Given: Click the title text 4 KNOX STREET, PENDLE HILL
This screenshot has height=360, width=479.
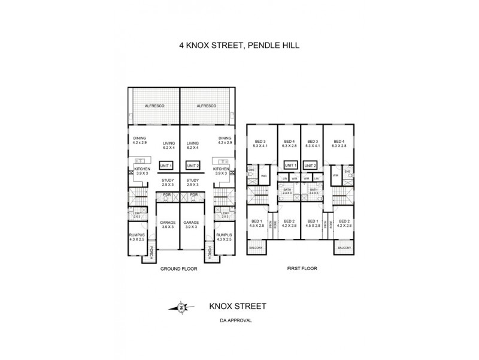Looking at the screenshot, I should point(239,44).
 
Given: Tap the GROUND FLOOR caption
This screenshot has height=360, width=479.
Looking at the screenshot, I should point(178,269).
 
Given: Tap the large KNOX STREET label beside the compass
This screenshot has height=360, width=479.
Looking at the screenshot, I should point(237,306).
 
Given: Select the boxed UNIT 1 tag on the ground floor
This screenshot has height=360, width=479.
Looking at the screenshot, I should point(166,166).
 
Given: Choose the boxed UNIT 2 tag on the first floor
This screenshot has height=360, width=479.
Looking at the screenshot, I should point(310,165).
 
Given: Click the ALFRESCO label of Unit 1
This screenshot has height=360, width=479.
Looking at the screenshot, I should point(154,106).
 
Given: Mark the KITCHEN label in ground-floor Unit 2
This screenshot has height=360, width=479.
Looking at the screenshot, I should point(222,169).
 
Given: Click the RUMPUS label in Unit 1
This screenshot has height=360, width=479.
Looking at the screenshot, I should point(137,235).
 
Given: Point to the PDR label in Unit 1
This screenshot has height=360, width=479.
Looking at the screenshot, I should point(167,194).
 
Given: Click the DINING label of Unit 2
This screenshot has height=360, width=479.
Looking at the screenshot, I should point(225,138).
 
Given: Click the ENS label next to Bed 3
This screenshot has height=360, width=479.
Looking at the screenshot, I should point(251,172).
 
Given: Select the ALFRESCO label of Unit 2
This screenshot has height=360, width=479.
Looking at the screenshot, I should point(205,106).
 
